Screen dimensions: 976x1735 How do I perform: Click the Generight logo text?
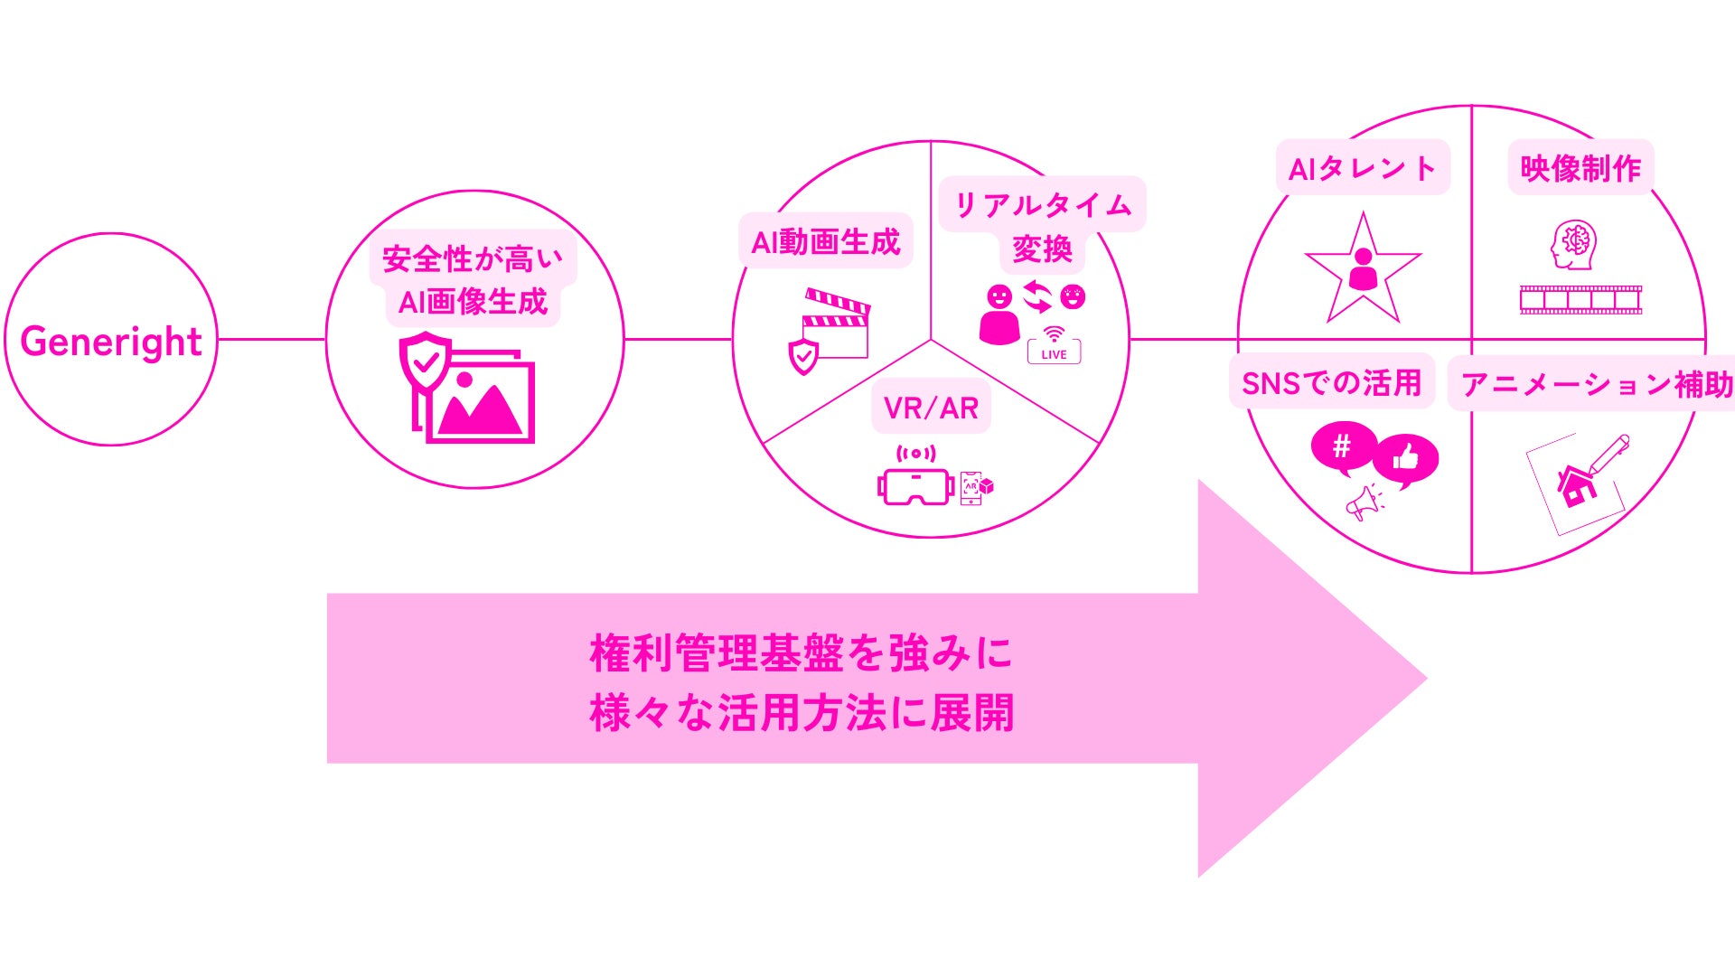110,342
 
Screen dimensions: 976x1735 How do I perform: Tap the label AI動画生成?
826,241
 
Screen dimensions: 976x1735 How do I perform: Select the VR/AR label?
931,408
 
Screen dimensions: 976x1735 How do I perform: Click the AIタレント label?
1362,168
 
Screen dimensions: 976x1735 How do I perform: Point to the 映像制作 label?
1580,168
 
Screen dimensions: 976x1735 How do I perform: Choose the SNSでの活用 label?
1331,383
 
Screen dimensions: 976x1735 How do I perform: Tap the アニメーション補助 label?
1596,384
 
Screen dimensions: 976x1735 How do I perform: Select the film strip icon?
1580,300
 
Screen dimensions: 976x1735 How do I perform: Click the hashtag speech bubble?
1343,446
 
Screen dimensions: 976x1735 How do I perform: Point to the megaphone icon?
1364,502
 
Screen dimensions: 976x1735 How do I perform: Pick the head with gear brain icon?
1573,244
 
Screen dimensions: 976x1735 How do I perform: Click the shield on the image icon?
425,361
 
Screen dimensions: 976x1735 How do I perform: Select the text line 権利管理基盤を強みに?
801,653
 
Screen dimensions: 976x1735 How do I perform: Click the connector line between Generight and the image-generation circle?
271,340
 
